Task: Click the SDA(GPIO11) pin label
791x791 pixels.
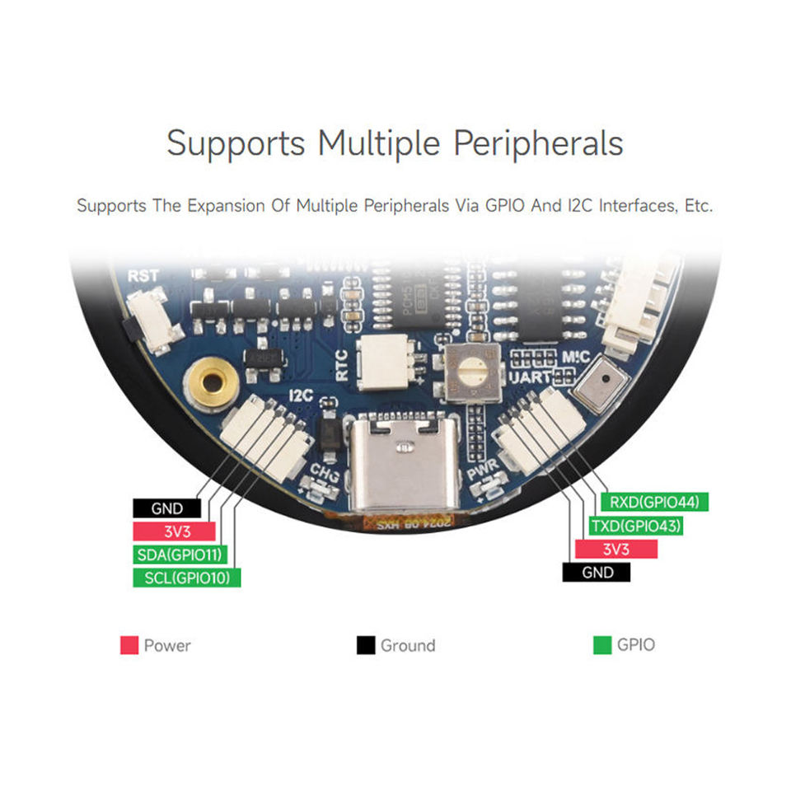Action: [x=180, y=555]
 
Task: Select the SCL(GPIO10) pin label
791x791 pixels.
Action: [x=186, y=578]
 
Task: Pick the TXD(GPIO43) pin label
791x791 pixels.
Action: [x=636, y=526]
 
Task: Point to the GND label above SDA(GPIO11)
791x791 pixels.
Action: [x=167, y=508]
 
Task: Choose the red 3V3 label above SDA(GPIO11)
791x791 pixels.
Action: [x=173, y=531]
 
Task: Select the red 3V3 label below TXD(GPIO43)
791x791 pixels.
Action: [x=616, y=549]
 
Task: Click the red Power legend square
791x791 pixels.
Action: [x=129, y=645]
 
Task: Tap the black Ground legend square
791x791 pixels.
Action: [x=365, y=645]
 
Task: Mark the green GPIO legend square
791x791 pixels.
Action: [x=602, y=645]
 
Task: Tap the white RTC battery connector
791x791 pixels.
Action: [x=386, y=362]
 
